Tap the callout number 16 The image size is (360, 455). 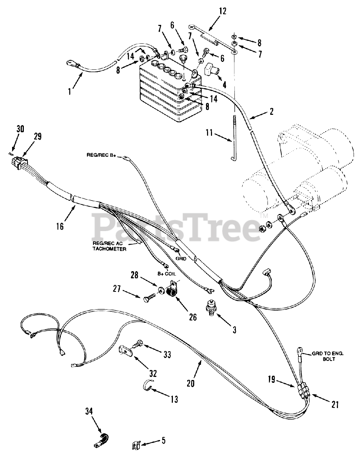[x=60, y=226]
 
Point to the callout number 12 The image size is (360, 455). [x=222, y=11]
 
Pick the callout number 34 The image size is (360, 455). [x=89, y=411]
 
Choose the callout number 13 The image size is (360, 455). [x=174, y=399]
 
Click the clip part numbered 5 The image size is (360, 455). [x=135, y=444]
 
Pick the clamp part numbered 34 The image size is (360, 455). [x=101, y=439]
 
